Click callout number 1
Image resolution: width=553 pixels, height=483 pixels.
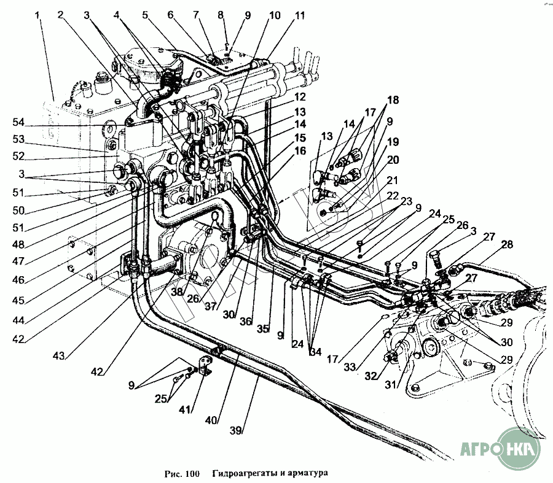pyautogui.click(x=38, y=15)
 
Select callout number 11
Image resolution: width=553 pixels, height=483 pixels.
pyautogui.click(x=299, y=15)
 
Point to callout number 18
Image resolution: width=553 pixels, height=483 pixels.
pyautogui.click(x=392, y=99)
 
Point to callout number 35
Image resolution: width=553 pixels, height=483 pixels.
pyautogui.click(x=262, y=330)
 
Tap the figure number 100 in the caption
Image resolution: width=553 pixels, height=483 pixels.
pyautogui.click(x=192, y=473)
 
